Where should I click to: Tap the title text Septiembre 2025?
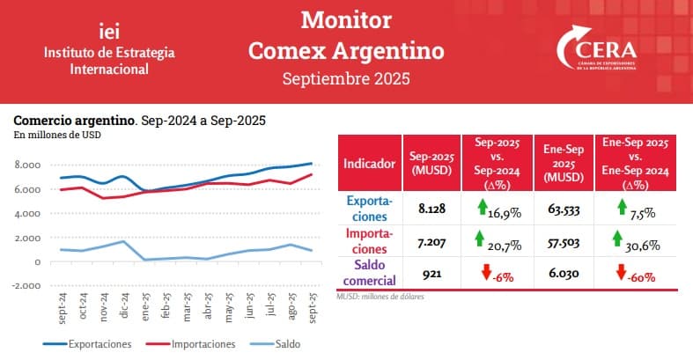click(345, 78)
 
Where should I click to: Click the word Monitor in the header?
click(345, 19)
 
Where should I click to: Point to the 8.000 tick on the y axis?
click(28, 165)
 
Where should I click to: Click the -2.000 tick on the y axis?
click(26, 286)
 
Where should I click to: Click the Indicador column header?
click(369, 163)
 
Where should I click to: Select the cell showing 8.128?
click(431, 209)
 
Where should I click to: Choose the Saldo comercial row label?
click(369, 273)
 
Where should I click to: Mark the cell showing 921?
click(431, 274)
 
